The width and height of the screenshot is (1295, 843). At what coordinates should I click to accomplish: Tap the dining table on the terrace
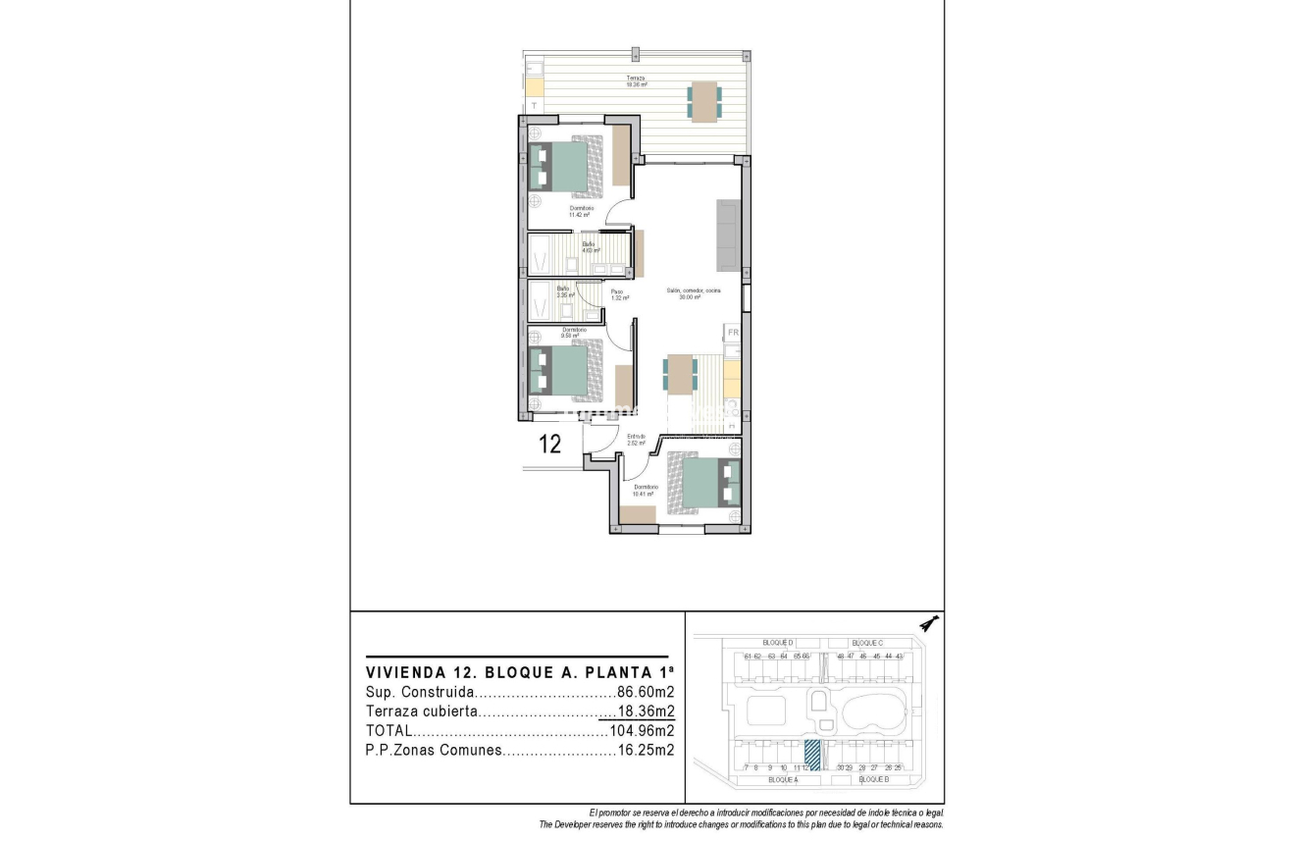[x=704, y=100]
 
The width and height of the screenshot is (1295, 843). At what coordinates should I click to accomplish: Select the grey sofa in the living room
[x=729, y=236]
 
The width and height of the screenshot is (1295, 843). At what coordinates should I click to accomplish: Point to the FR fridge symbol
[x=732, y=333]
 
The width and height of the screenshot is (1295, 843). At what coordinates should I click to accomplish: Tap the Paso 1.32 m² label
[x=618, y=294]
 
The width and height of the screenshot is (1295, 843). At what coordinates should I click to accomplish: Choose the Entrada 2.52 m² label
[x=636, y=440]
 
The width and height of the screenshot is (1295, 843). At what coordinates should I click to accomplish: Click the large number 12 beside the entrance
[x=550, y=444]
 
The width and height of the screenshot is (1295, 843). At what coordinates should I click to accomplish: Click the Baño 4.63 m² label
[x=590, y=247]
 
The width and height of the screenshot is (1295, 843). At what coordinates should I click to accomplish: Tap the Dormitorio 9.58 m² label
[x=574, y=333]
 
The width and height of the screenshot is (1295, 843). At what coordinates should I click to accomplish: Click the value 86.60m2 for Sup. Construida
[x=645, y=692]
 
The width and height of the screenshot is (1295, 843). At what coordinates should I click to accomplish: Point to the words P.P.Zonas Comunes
[x=434, y=751]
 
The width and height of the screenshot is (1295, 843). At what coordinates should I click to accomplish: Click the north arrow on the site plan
[x=928, y=623]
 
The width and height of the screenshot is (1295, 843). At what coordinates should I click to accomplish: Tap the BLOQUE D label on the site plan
[x=777, y=642]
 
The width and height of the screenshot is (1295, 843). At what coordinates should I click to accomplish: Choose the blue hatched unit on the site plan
[x=811, y=754]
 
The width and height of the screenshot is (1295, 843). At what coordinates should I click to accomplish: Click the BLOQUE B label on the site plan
[x=872, y=778]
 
